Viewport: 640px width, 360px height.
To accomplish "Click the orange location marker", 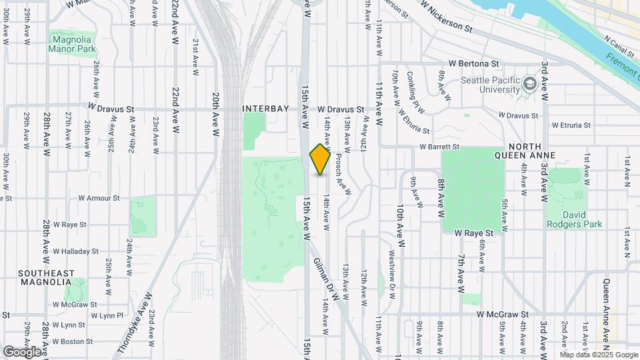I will (321, 159).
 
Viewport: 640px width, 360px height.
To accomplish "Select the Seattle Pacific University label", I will (490, 85).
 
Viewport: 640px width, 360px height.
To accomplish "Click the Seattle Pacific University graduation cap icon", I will (530, 84).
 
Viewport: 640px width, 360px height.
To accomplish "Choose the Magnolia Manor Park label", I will (73, 44).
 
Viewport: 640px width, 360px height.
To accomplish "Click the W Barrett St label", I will (439, 147).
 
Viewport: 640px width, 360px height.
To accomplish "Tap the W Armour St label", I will (99, 198).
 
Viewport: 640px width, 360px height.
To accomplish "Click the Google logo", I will (22, 351).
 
